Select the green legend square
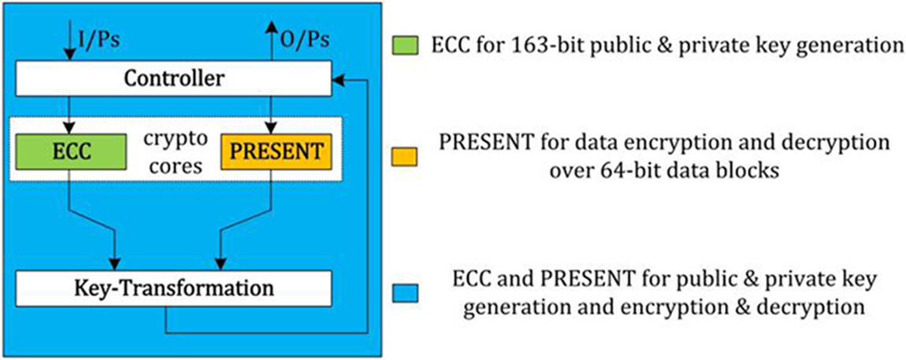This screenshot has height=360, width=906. (405, 46)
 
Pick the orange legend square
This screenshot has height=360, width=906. (405, 158)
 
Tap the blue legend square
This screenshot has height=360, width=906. (405, 293)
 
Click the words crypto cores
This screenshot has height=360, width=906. (174, 152)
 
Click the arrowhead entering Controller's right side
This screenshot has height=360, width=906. (338, 80)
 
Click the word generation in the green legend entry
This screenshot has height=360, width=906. (853, 46)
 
